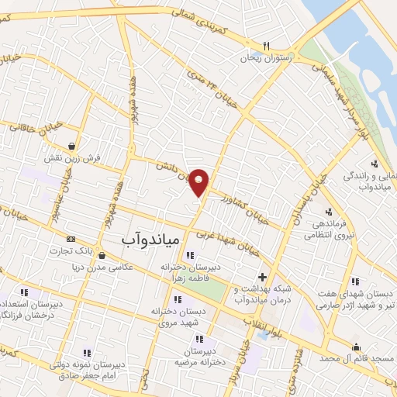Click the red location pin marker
[199, 181]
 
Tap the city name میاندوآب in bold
[150, 240]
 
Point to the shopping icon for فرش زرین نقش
[72, 145]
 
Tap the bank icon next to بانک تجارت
[72, 239]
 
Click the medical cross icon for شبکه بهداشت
[262, 276]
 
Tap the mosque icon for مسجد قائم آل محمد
[356, 347]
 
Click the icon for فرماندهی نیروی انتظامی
[329, 212]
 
